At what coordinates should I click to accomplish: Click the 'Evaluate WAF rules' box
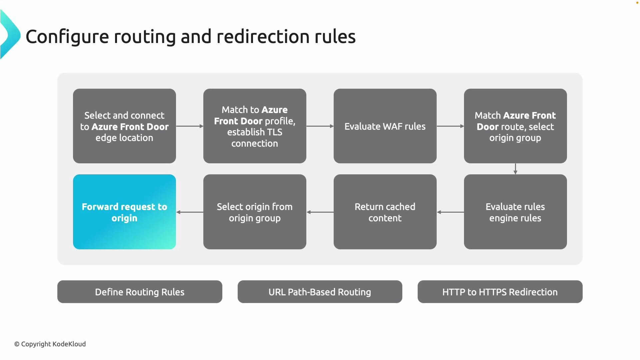(385, 126)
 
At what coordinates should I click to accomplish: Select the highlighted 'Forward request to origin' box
(124, 212)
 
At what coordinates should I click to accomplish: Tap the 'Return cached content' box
(385, 212)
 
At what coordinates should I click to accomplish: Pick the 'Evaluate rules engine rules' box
(515, 212)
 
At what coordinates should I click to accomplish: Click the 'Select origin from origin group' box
(255, 212)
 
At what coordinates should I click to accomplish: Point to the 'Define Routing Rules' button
(140, 292)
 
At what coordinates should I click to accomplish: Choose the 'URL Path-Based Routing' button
(320, 292)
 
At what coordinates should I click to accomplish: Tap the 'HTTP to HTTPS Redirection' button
(500, 292)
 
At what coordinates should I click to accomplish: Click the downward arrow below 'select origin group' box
(515, 169)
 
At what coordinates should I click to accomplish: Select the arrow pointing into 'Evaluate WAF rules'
(320, 126)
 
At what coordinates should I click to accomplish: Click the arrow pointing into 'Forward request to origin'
(190, 212)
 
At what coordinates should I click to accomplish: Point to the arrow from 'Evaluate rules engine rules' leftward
(450, 212)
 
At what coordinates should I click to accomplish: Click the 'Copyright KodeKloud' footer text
(50, 344)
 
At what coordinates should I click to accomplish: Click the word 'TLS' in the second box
(274, 132)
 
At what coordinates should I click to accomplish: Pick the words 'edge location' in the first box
(124, 138)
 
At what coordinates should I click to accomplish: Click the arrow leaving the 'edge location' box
(190, 126)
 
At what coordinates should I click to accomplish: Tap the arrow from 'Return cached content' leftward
(320, 212)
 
